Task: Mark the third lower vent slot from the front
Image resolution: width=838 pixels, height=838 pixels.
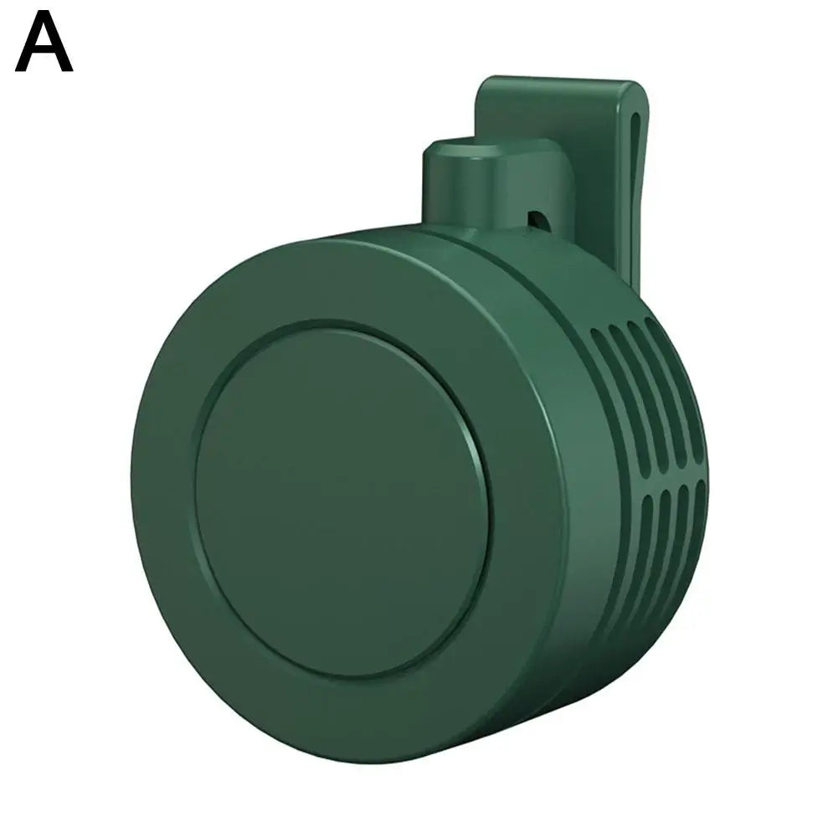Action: [x=682, y=536]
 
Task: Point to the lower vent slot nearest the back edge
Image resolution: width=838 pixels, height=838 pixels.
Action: [x=697, y=523]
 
